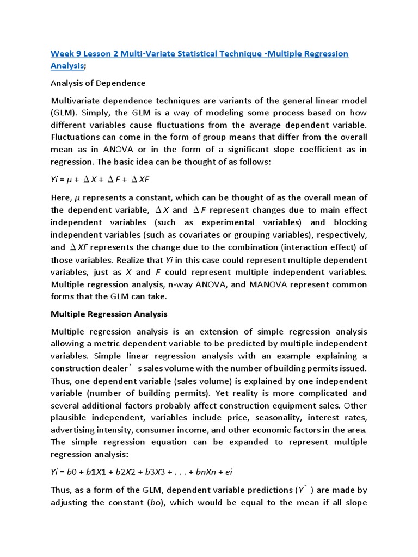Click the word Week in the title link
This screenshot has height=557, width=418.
[x=61, y=53]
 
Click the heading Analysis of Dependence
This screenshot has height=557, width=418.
[x=98, y=83]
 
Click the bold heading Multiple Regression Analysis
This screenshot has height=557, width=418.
[x=109, y=314]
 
